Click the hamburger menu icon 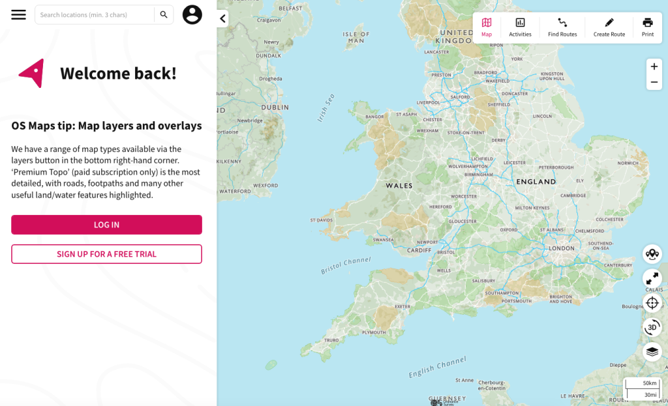tap(18, 14)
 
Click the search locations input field tap(95, 14)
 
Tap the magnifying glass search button tap(164, 14)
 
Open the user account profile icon tap(192, 14)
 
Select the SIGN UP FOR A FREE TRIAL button tap(106, 254)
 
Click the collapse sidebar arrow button tap(222, 19)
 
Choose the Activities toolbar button tap(520, 27)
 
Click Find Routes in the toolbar tap(562, 27)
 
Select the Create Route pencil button tap(609, 27)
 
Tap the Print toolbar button tap(648, 27)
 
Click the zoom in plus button tap(654, 66)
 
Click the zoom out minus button tap(654, 82)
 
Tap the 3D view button tap(652, 327)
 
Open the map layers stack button tap(652, 352)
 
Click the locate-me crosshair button tap(652, 303)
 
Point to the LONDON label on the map tap(562, 248)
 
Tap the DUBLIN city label tap(275, 108)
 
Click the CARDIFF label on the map tap(419, 250)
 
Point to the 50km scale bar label tap(649, 383)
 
